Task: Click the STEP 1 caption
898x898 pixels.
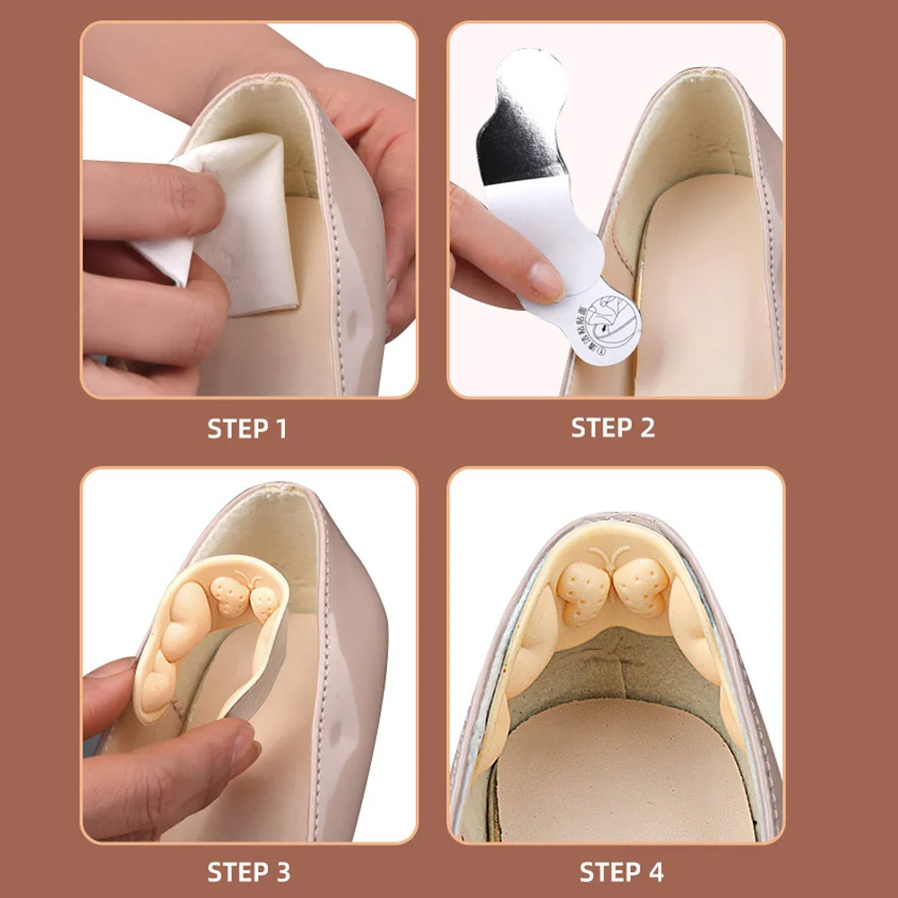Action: point(247,428)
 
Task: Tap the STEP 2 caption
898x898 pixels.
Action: point(613,428)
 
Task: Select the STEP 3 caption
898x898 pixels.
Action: point(248,871)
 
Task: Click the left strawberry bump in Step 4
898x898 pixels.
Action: point(583,591)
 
